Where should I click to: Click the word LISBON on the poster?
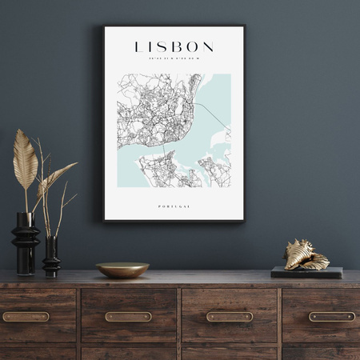pos(174,46)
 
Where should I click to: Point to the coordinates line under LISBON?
pos(174,58)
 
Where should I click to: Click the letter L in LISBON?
pos(139,46)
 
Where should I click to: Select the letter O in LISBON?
pos(191,46)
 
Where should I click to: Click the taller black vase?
pos(25,243)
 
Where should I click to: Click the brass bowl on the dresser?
pos(122,270)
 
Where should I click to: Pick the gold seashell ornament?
pos(306,255)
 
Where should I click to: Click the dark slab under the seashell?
pos(306,272)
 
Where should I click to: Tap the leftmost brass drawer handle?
pos(26,317)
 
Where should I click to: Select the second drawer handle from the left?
pos(128,317)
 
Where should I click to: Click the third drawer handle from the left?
pos(230,317)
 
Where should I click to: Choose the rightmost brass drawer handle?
pos(331,317)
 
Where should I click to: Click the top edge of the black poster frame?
pos(174,26)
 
